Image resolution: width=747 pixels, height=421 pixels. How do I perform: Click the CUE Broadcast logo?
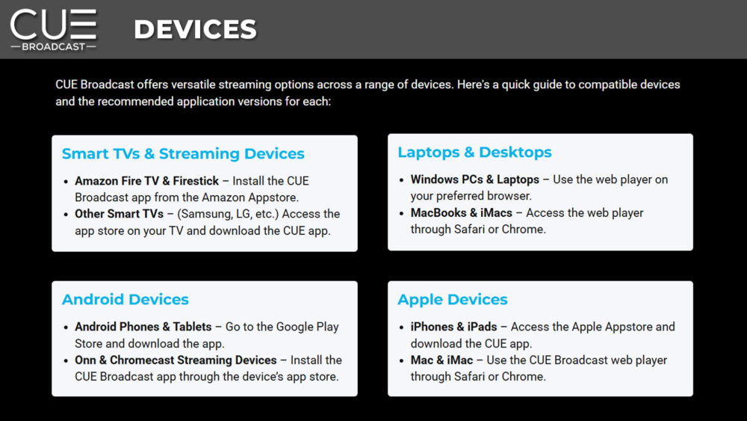(53, 30)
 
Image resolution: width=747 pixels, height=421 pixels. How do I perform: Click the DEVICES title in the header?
(195, 29)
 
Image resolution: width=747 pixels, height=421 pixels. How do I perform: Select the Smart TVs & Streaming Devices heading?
(183, 153)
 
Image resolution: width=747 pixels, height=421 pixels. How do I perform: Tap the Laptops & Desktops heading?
(474, 152)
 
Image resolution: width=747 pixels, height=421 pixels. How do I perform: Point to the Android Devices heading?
(125, 299)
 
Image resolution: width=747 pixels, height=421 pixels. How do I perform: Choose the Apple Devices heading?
(453, 299)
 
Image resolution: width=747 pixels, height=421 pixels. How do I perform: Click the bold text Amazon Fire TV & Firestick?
(146, 181)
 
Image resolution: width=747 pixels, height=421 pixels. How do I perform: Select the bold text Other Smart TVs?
(119, 214)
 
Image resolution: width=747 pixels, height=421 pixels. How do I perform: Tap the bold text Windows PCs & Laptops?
(475, 179)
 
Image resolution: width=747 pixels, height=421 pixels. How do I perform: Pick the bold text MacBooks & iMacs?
(461, 212)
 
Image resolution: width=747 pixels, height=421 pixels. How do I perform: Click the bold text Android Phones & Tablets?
(143, 327)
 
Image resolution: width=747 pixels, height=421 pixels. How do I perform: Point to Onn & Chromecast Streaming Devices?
(176, 360)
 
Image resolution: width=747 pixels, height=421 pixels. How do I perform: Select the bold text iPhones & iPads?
(453, 327)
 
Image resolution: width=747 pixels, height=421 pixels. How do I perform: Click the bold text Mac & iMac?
(441, 360)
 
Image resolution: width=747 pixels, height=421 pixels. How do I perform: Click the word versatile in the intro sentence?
(193, 84)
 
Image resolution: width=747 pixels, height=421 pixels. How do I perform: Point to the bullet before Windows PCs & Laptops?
(401, 180)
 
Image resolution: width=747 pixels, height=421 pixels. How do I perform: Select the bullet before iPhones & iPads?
(401, 328)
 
